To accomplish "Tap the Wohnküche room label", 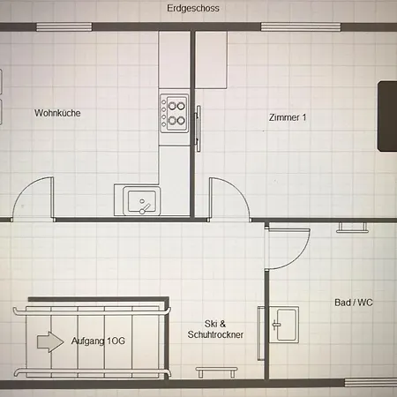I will coord(57,113).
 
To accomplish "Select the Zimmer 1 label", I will coord(288,116).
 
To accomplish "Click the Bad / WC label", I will coord(354,303).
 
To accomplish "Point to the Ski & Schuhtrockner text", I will coord(215,329).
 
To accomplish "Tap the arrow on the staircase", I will coord(44,341).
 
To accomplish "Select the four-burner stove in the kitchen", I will coord(174,111).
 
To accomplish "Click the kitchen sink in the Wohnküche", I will coord(139,202).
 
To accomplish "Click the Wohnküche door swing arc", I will coord(35,196).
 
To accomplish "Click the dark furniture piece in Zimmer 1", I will coord(387,116).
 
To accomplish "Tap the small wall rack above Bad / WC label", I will coord(353,228).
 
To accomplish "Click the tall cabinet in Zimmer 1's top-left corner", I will coord(211,60).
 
